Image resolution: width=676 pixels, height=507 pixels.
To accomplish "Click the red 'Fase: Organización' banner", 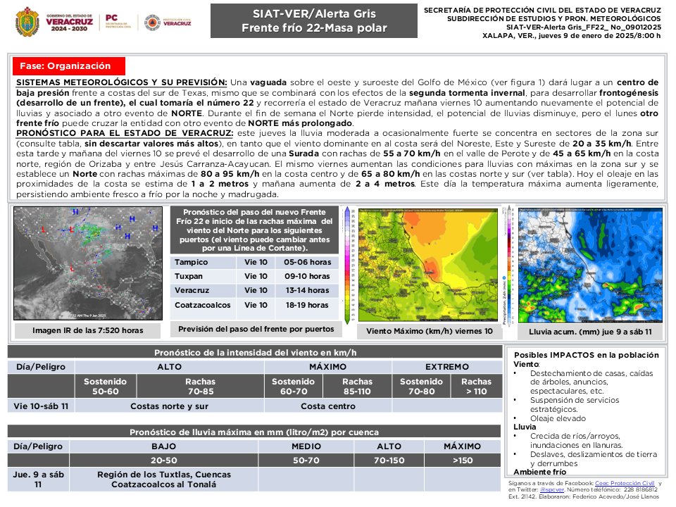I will pos(65,66).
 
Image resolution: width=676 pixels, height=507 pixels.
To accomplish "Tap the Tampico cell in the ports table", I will pos(192,262).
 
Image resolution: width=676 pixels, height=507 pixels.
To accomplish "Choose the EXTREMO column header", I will pos(446,367).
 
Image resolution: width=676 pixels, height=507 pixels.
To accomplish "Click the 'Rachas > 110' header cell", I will pos(476,386).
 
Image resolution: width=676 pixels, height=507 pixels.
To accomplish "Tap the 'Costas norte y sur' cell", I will pos(169,406).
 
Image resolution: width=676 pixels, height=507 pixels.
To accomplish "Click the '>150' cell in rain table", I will pos(462,460).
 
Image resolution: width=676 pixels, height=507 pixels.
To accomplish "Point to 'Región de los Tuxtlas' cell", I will pos(169,480).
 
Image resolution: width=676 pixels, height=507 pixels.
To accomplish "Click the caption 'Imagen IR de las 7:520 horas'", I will pos(87,330).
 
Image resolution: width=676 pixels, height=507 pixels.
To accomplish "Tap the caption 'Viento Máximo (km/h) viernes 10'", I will pos(430,330).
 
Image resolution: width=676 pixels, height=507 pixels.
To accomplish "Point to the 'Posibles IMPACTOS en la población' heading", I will pos(587,355).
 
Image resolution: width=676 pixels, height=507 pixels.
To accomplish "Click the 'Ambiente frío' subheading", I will pos(540,472).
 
